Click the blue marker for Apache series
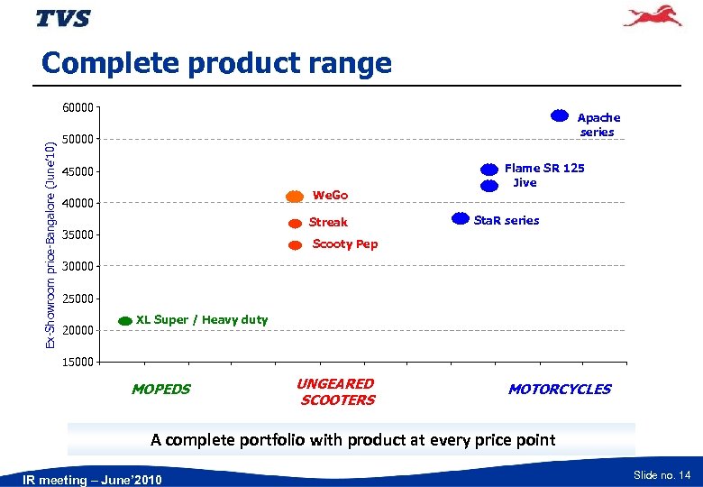560,115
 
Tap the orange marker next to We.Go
295,197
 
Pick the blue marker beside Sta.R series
460,218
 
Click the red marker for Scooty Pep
295,245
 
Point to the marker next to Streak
295,223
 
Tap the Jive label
525,182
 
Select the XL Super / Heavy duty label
201,319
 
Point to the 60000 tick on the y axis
78,108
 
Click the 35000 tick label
78,235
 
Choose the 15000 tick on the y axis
78,363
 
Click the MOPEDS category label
160,390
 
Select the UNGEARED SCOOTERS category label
336,392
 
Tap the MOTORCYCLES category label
559,390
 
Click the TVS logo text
63,19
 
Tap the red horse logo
653,17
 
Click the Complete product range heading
216,63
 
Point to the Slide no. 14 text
662,474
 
